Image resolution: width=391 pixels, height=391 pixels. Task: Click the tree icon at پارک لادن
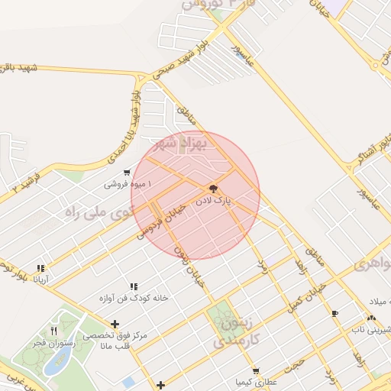pos(213,188)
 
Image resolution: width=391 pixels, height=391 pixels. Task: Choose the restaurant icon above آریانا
pos(40,268)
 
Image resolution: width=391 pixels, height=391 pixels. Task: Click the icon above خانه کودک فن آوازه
pos(134,286)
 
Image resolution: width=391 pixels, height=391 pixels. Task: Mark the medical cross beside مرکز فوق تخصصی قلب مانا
pos(115,324)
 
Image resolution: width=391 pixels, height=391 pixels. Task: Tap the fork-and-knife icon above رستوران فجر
pos(53,331)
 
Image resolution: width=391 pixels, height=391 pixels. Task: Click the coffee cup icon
pos(335,313)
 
